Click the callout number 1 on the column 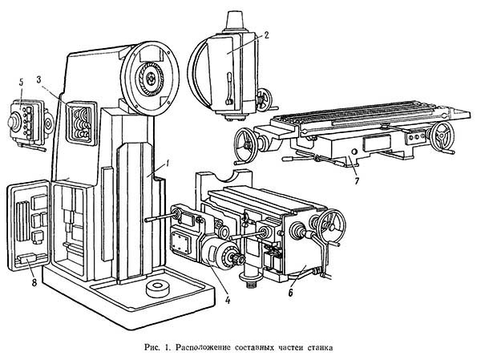[x=168, y=164]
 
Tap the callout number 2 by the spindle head [x=265, y=35]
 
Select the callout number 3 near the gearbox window [x=38, y=80]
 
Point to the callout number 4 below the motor [x=228, y=300]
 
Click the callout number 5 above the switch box [x=21, y=82]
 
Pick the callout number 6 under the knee [x=290, y=293]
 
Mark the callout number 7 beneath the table [x=357, y=181]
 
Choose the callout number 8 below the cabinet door [x=34, y=282]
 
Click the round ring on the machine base [x=158, y=289]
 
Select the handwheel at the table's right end [x=442, y=136]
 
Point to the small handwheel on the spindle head [x=264, y=99]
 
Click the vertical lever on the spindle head [x=228, y=88]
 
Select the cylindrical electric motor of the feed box [x=220, y=254]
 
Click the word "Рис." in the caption [x=152, y=348]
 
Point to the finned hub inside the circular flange [x=150, y=79]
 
